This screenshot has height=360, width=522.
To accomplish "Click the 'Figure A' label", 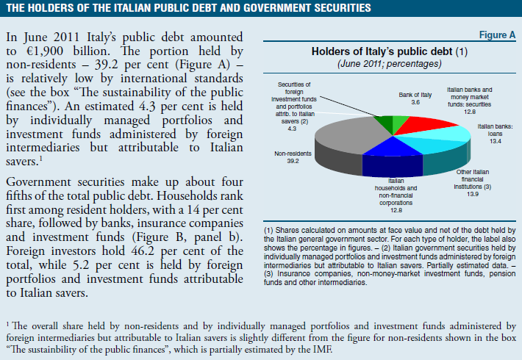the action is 497,35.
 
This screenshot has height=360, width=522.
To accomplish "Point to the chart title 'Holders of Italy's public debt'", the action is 382,51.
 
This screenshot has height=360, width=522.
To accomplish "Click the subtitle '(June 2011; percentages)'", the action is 390,63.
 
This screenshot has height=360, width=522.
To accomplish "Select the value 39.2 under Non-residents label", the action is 293,161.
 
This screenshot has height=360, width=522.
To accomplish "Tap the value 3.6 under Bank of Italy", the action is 415,102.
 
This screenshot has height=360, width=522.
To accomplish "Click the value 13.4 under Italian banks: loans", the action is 496,141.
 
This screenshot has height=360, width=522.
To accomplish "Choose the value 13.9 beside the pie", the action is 473,194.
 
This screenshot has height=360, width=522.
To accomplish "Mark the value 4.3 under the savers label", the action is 292,129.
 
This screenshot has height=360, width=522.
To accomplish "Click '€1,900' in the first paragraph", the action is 45,51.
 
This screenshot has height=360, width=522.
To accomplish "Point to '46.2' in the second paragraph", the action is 143,251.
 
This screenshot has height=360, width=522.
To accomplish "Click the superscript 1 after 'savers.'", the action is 40,158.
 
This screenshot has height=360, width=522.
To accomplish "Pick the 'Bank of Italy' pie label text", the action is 415,95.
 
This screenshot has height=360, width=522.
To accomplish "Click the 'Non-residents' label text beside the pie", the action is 293,154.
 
